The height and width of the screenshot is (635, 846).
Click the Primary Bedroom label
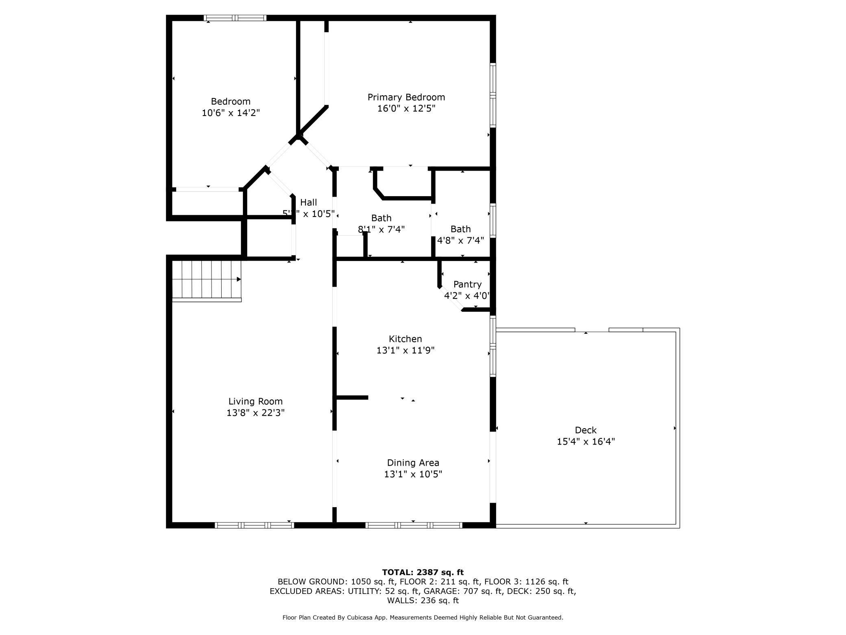point(406,97)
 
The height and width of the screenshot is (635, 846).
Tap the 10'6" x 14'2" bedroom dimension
point(231,113)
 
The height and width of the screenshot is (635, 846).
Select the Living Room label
point(255,401)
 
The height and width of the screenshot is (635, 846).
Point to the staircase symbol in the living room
point(207,280)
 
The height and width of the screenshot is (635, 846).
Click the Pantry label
point(467,284)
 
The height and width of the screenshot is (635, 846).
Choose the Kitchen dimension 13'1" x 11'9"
point(405,350)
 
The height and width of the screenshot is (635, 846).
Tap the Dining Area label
point(413,463)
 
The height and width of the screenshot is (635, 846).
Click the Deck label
point(585,430)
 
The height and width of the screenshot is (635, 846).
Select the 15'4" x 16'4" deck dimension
point(585,442)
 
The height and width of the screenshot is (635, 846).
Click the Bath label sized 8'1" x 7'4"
point(381,218)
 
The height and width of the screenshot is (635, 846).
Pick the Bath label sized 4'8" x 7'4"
point(460,229)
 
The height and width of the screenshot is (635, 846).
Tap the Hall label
point(308,202)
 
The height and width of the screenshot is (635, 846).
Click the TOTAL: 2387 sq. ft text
point(423,572)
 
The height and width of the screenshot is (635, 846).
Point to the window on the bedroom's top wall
point(235,18)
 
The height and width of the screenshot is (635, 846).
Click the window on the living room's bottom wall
point(254,526)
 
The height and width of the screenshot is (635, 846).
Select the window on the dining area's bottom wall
point(414,526)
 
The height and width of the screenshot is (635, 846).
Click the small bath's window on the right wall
point(493,220)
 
